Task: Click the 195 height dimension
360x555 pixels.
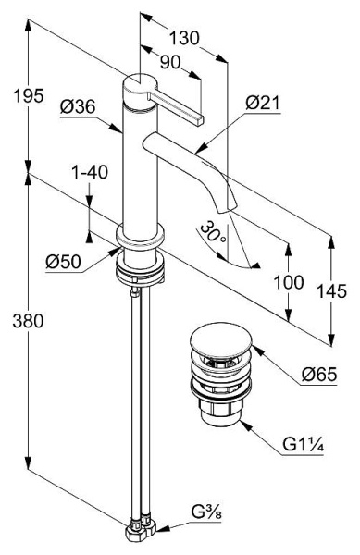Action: click(x=29, y=95)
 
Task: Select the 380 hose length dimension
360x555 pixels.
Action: click(x=28, y=321)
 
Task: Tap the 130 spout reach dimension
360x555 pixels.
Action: click(x=184, y=38)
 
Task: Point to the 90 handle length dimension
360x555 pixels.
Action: click(x=170, y=62)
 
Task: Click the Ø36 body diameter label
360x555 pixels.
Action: click(x=78, y=106)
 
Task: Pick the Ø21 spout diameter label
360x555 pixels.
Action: click(x=263, y=103)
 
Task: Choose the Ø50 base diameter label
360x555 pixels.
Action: click(x=63, y=262)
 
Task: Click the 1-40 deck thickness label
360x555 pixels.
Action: click(x=90, y=172)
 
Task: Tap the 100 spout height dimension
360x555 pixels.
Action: click(x=289, y=282)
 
